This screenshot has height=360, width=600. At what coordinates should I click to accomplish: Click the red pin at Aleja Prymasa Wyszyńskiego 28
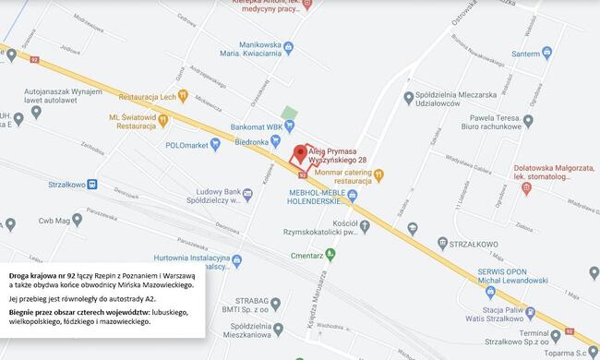(299, 153)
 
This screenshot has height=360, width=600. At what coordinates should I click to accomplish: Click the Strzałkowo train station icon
(92, 184)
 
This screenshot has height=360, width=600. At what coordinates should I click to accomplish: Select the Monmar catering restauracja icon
(391, 174)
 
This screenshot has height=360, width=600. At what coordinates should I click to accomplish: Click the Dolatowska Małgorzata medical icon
(527, 189)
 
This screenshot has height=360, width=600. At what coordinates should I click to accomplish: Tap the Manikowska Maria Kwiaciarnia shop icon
(289, 47)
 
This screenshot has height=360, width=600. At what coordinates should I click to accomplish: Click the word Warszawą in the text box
(174, 276)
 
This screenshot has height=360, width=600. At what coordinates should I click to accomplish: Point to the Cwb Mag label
(41, 222)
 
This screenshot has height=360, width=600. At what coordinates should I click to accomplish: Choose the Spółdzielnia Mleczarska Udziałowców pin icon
(409, 96)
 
